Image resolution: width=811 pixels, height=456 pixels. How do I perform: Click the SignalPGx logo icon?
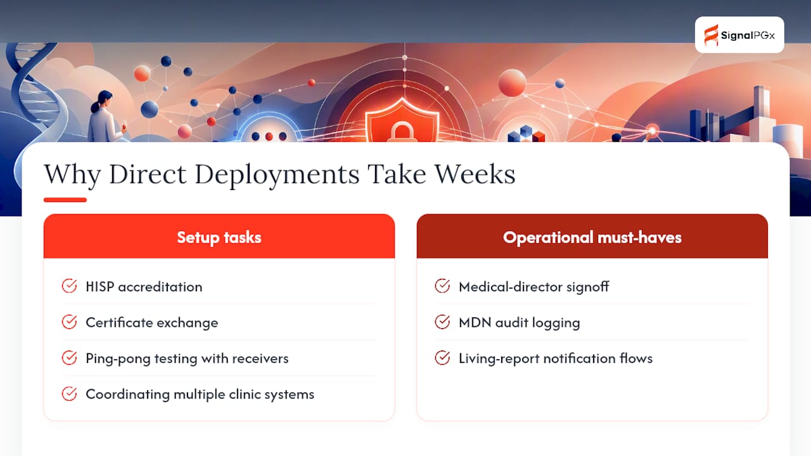(x=711, y=35)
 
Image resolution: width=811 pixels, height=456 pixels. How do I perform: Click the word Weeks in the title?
(x=475, y=174)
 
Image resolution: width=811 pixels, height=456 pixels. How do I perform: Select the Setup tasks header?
(x=219, y=236)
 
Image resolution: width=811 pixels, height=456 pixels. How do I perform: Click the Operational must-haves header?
(x=592, y=236)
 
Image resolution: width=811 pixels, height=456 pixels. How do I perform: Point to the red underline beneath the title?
(x=65, y=199)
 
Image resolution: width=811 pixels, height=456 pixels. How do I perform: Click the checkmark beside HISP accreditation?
(x=69, y=286)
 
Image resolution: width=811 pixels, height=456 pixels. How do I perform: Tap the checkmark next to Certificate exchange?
(x=69, y=322)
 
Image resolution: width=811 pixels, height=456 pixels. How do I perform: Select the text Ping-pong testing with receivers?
(x=187, y=358)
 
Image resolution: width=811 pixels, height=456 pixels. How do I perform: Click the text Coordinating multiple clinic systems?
(x=200, y=395)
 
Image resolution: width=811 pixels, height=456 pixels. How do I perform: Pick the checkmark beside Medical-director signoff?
(x=442, y=286)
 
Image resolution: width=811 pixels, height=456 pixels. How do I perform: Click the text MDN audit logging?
(x=519, y=323)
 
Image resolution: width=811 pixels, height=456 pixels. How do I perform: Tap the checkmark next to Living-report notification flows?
(x=442, y=358)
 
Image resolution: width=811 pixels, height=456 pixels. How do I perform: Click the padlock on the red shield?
(x=402, y=132)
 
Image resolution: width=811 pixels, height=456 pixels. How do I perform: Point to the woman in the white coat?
(x=105, y=117)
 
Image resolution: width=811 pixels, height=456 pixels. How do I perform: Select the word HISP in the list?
(x=100, y=287)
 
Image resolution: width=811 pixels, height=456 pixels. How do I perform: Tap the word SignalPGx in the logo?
(x=748, y=35)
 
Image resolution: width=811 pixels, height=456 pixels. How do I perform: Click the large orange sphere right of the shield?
(x=512, y=83)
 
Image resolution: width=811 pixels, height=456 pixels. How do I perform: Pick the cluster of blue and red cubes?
(x=526, y=134)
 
